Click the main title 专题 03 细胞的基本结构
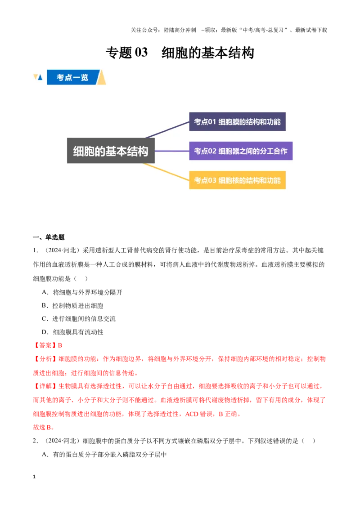(180, 53)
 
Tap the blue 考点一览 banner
(72, 77)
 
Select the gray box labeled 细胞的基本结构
(110, 151)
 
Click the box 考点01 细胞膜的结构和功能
(237, 122)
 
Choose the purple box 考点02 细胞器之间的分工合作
(241, 151)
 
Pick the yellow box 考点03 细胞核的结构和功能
(237, 180)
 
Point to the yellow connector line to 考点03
(166, 171)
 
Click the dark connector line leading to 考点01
(167, 130)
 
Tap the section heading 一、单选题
(49, 237)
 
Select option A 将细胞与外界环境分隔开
(82, 292)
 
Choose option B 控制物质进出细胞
(72, 305)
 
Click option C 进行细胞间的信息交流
(79, 319)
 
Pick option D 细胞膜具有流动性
(72, 332)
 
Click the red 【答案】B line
(47, 345)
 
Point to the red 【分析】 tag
(45, 359)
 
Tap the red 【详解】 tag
(45, 386)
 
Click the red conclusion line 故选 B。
(44, 427)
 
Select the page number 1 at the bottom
(34, 477)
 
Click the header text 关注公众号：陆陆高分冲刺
(163, 30)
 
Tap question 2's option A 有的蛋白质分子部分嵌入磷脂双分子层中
(104, 455)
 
